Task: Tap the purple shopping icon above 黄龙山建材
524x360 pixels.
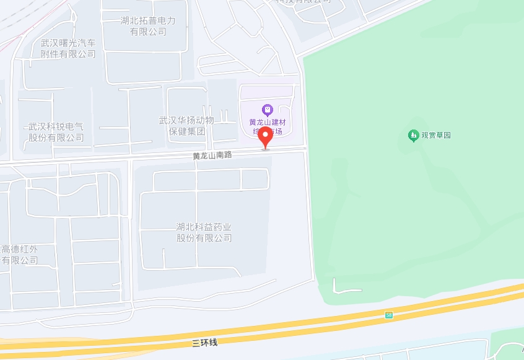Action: pyautogui.click(x=267, y=110)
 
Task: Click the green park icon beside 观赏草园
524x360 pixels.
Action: pyautogui.click(x=413, y=135)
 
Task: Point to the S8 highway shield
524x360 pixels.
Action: pyautogui.click(x=389, y=315)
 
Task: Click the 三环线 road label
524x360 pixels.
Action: pyautogui.click(x=205, y=341)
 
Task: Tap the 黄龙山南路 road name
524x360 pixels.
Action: pyautogui.click(x=212, y=156)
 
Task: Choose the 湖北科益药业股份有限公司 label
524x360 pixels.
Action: pyautogui.click(x=204, y=232)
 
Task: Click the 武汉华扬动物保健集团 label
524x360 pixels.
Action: pyautogui.click(x=186, y=126)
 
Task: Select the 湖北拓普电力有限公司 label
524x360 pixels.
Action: pyautogui.click(x=148, y=26)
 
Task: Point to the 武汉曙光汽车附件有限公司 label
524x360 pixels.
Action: pyautogui.click(x=68, y=48)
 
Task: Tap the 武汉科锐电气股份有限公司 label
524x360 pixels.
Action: pyautogui.click(x=56, y=132)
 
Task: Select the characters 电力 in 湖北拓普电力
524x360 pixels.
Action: pyautogui.click(x=166, y=20)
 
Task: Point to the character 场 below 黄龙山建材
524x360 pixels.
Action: pyautogui.click(x=279, y=131)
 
